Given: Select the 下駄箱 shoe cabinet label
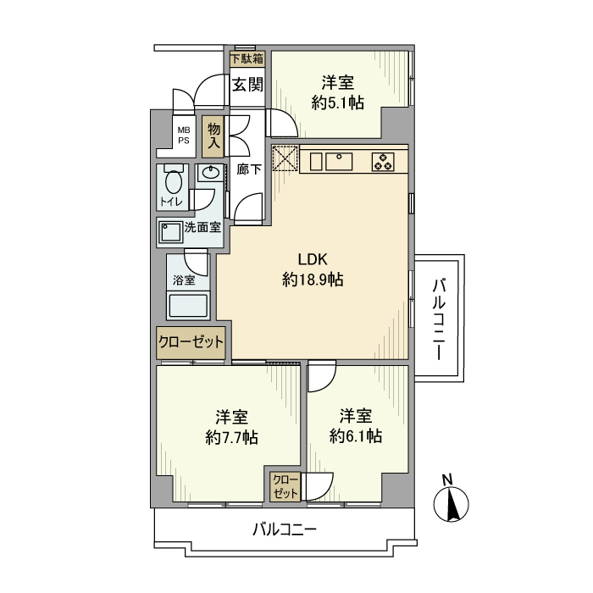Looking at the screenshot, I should coord(247,58).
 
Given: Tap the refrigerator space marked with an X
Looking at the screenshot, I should coord(285,158).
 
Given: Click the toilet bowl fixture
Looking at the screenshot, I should coord(173,182).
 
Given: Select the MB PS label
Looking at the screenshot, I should coord(183,136).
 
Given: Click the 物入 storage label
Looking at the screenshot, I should coord(213,136).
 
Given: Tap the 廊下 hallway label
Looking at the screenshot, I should coord(248,169).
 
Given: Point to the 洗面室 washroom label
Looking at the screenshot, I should coord(202,227).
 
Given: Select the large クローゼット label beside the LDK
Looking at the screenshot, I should coord(191,342).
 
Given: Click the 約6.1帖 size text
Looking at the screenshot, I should coord(357,436).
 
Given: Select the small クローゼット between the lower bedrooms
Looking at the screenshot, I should coord(285,486).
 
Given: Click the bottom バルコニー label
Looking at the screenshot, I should coord(285,531).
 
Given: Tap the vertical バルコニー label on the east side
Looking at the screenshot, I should coord(439,318).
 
